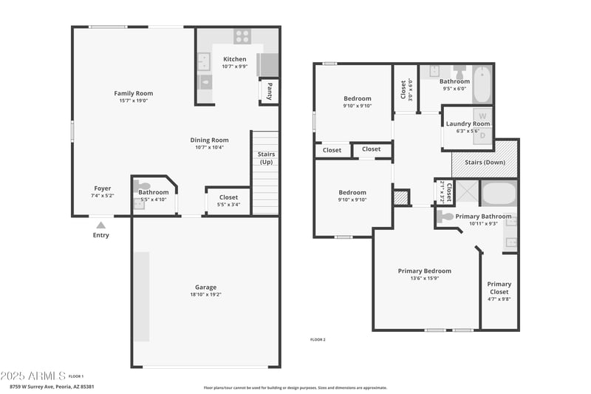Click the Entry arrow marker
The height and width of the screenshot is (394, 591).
tap(101, 225)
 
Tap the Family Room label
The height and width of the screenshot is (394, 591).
tap(133, 93)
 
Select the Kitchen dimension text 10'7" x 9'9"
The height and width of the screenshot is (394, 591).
tap(234, 67)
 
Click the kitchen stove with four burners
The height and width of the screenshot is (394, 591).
tap(242, 35)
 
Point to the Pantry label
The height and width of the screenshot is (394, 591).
tap(270, 91)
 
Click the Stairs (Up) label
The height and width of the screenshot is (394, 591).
tap(265, 158)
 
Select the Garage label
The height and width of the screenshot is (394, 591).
tap(205, 288)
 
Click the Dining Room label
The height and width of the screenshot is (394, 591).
tap(210, 140)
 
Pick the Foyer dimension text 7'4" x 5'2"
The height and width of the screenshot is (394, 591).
tap(103, 195)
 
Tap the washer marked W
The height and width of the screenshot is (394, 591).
tap(483, 116)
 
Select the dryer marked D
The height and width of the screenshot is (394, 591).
tap(483, 135)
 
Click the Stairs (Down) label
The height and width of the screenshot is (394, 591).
tap(484, 162)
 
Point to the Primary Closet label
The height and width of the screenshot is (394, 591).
tap(499, 288)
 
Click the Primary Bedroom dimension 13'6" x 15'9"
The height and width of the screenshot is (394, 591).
tap(424, 279)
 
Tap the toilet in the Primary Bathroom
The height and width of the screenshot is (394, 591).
tap(445, 217)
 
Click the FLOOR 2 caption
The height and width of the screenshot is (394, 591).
tap(318, 339)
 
